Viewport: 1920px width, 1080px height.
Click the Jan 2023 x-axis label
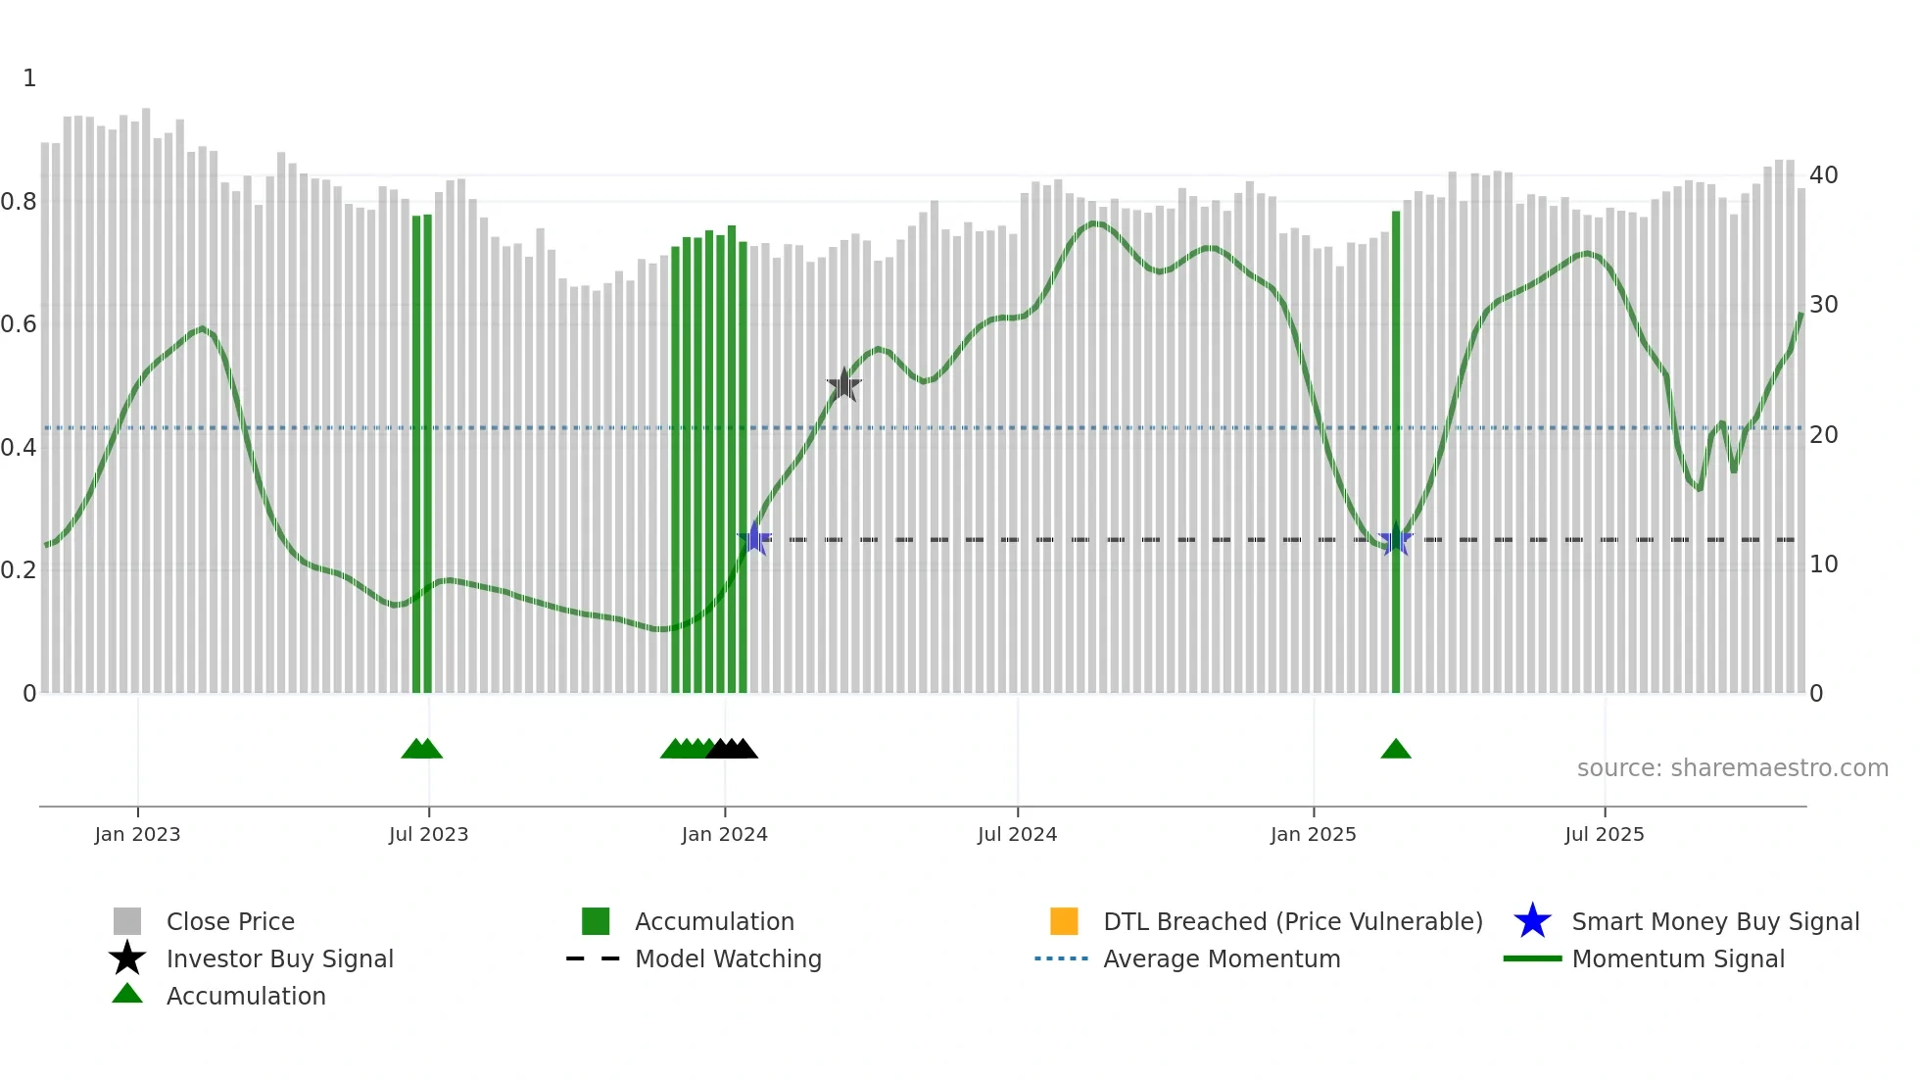pos(137,834)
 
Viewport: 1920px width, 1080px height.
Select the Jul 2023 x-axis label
pos(428,834)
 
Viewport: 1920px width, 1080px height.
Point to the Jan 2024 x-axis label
pos(724,834)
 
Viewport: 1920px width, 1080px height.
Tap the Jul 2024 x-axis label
pos(1017,834)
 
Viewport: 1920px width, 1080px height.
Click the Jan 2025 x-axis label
pos(1313,834)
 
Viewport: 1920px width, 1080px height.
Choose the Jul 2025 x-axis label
pos(1604,834)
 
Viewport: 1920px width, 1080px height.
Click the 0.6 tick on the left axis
pos(19,324)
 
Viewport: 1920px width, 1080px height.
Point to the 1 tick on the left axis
pos(29,78)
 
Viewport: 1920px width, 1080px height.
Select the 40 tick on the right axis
pos(1823,175)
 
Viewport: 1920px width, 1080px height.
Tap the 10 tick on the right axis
pos(1823,565)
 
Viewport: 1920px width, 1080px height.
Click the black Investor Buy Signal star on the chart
pos(843,385)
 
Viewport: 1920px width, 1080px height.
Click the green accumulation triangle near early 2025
pos(1395,750)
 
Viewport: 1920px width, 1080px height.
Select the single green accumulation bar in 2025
pos(1396,451)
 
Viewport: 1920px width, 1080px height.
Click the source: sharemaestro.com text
pos(1732,768)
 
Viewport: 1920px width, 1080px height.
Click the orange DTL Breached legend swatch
pos(1064,921)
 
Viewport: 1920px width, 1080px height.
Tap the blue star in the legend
pos(1532,921)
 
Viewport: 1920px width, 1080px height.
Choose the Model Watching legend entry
pos(727,958)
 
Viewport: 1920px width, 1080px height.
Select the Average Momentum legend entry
pos(1221,958)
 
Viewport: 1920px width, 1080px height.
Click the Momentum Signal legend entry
pos(1677,958)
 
